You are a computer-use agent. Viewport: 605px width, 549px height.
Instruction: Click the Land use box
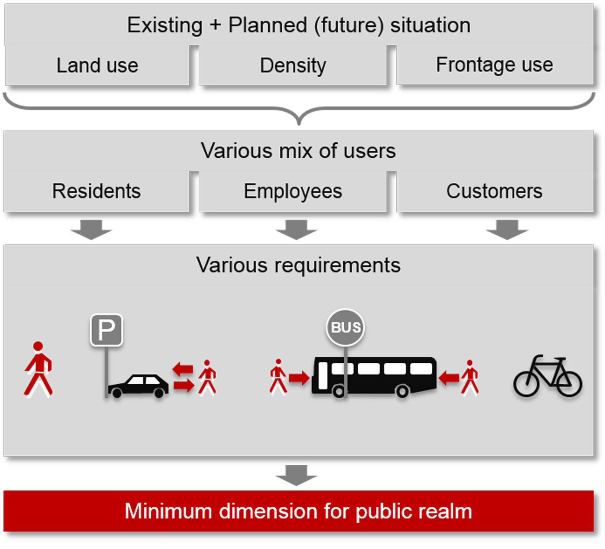coord(97,66)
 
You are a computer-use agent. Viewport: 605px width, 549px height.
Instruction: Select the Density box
coord(293,66)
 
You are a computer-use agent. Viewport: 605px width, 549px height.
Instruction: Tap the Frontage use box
coord(495,65)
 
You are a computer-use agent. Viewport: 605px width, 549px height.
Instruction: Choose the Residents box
coord(96,191)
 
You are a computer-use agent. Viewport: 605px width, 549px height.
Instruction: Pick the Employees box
coord(293,191)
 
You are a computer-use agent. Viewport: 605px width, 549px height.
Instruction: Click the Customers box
coord(495,191)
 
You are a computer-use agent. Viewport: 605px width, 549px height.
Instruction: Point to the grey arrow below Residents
coord(92,230)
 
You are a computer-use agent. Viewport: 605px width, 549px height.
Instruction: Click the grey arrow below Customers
coord(507,230)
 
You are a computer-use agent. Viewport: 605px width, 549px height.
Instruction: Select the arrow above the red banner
coord(296,475)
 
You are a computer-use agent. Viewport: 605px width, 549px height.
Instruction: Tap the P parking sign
coord(107,329)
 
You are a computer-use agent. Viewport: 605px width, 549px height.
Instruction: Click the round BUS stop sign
coord(345,327)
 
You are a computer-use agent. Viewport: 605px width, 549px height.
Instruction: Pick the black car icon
coord(138,386)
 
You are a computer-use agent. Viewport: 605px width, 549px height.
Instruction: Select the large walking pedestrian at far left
coord(39,369)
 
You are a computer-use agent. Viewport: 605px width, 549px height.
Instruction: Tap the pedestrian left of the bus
coord(278,376)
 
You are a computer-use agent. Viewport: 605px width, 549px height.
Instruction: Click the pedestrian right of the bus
coord(470,377)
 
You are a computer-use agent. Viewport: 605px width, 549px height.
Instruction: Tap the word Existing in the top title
coord(165,25)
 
